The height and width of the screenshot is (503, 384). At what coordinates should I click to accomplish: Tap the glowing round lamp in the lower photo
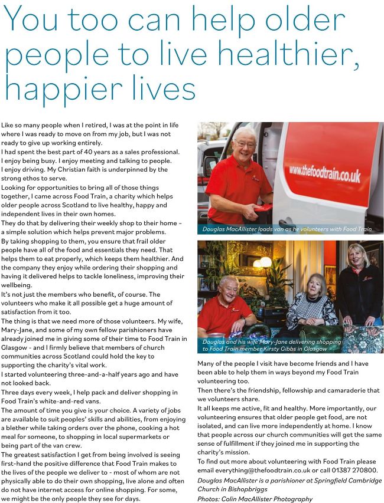pos(265,261)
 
